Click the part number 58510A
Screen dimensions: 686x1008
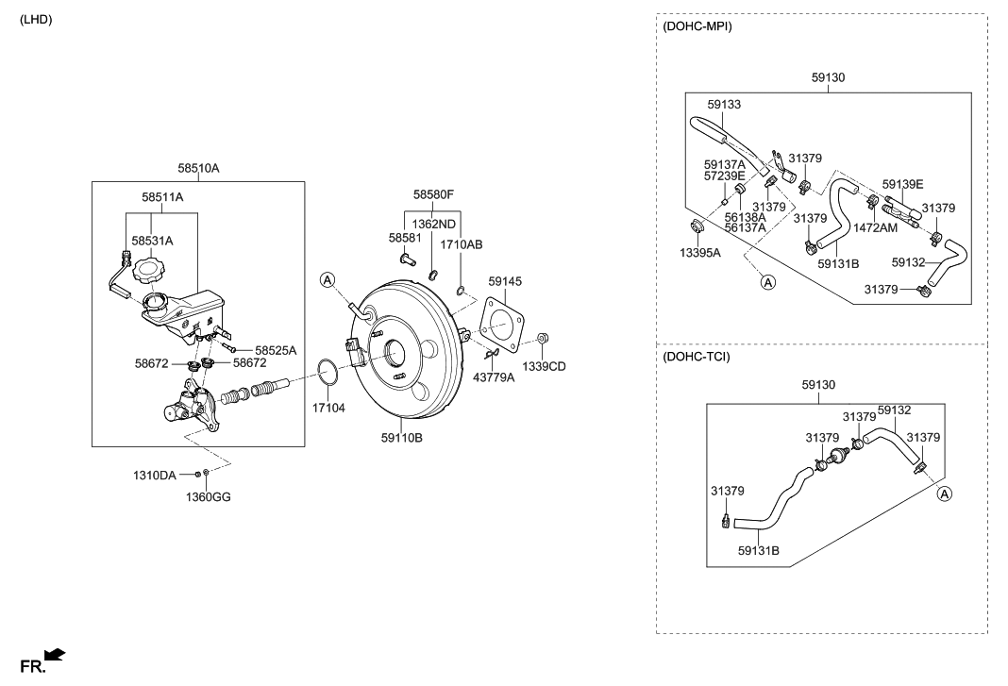coord(198,168)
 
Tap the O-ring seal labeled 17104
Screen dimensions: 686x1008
coord(327,373)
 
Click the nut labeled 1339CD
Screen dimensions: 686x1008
coord(543,339)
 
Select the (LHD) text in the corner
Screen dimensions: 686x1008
coord(36,19)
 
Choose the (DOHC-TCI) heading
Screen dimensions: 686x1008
coord(697,357)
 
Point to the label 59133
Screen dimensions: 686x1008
coord(725,104)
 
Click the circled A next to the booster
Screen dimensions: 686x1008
coord(328,279)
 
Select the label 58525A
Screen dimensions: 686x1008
coord(275,350)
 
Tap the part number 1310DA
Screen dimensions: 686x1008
coord(156,476)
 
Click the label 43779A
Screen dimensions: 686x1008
coord(494,377)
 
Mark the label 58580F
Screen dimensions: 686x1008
coord(433,195)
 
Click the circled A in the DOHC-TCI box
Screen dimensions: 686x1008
coord(944,494)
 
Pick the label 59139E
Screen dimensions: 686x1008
coord(902,184)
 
